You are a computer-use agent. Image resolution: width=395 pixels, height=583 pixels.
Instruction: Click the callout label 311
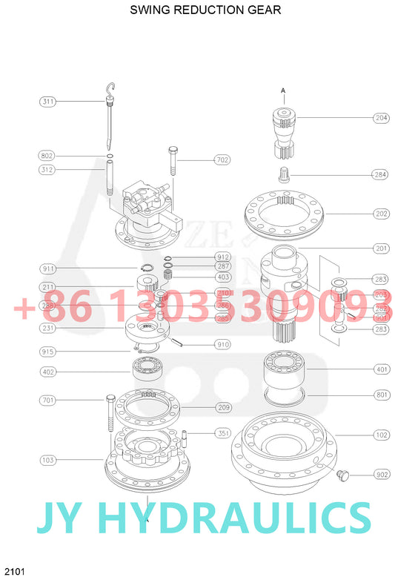48,101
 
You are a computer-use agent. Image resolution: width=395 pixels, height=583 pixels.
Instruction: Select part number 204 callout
381,118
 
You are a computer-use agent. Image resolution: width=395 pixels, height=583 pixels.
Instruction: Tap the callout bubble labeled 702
222,159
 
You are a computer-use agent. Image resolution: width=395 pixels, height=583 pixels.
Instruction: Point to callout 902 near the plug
382,474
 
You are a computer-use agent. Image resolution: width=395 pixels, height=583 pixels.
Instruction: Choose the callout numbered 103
48,460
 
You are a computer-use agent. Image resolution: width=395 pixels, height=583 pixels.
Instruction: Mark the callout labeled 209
223,407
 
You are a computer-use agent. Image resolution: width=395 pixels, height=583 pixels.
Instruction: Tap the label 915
48,351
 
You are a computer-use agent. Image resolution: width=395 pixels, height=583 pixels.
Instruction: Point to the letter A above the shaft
282,90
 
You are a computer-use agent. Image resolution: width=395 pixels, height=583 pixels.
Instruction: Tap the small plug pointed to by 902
342,473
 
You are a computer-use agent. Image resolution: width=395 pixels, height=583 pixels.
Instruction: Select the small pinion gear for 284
282,175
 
